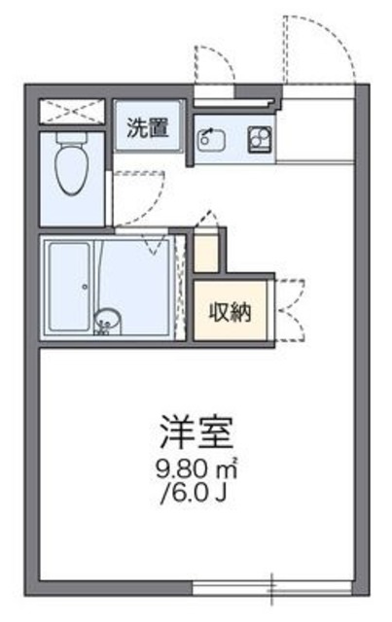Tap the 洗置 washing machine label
pyautogui.click(x=149, y=127)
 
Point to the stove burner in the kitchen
pyautogui.click(x=259, y=138)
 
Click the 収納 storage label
pyautogui.click(x=230, y=312)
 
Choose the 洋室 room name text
pyautogui.click(x=197, y=428)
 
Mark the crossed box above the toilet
pyautogui.click(x=72, y=111)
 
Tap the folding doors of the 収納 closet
pyautogui.click(x=289, y=311)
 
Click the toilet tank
pyautogui.click(x=70, y=141)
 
